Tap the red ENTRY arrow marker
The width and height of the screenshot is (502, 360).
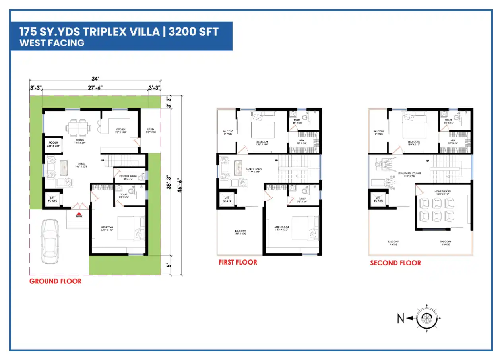tap(79, 214)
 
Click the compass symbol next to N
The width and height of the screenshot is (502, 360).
tap(426, 318)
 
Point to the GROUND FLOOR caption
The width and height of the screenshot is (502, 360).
tap(55, 281)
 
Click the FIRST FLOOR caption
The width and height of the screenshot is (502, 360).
tap(238, 262)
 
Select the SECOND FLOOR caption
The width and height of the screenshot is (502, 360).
tap(395, 263)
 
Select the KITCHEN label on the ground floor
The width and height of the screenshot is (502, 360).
tap(121, 130)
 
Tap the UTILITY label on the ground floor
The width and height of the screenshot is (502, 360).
tap(150, 129)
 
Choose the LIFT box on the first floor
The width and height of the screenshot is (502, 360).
tap(227, 199)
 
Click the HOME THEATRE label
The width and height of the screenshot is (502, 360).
tap(444, 192)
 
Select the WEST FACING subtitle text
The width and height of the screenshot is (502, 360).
tap(52, 43)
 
